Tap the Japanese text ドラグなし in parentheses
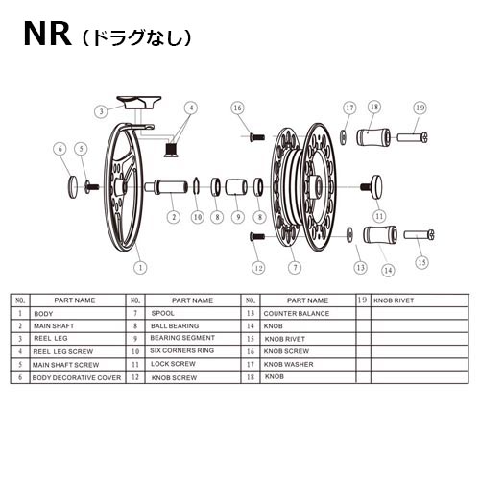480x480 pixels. [136, 39]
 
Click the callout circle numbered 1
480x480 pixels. [141, 268]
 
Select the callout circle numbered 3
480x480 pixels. [101, 111]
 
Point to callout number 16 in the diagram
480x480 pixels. [237, 109]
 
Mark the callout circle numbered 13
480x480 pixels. [360, 267]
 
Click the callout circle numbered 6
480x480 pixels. [60, 149]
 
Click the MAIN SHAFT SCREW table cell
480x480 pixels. [73, 365]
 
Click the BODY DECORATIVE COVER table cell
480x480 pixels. [76, 378]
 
